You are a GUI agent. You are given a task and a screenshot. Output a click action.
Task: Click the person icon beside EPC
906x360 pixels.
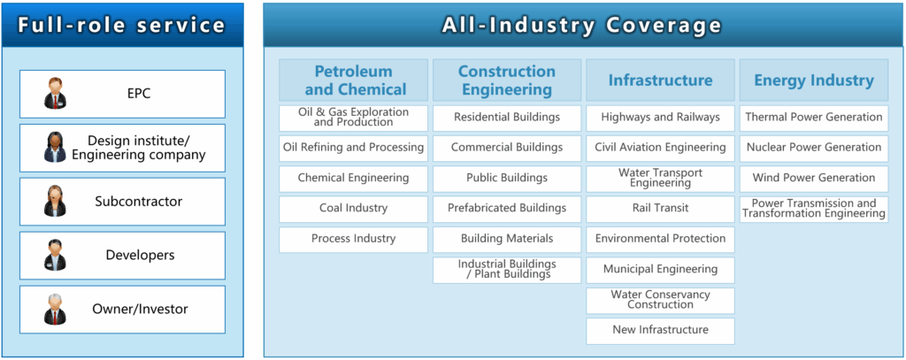click(55, 94)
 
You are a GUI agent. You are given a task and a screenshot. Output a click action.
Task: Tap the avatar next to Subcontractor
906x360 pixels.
click(55, 201)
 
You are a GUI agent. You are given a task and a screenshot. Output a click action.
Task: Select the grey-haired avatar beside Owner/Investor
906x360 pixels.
click(55, 310)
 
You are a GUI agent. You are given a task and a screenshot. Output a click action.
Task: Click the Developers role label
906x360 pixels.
click(140, 255)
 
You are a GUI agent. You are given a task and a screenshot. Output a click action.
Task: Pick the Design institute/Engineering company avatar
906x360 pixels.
click(55, 148)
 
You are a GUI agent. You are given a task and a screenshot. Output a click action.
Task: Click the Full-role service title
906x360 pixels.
click(121, 25)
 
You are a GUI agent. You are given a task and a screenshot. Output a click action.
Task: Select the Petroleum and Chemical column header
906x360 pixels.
click(354, 80)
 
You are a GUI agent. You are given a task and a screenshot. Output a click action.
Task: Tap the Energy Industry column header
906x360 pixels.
click(814, 80)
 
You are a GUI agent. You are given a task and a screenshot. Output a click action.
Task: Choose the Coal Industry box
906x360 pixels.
click(354, 209)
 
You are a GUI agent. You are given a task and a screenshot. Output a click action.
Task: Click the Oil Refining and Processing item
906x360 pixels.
click(354, 148)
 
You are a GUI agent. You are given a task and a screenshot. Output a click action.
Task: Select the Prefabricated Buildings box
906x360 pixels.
click(507, 209)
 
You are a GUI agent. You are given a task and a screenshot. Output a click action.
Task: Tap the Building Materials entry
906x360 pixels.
click(507, 239)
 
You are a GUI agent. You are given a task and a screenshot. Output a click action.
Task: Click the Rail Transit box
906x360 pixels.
click(660, 209)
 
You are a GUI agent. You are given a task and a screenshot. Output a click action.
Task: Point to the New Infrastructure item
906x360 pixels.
click(660, 331)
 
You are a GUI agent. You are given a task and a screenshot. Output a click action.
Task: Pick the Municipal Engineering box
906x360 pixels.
click(660, 270)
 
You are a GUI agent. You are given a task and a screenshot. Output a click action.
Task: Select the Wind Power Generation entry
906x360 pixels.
click(814, 178)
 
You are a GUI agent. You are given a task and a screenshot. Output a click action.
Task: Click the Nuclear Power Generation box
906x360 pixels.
click(814, 148)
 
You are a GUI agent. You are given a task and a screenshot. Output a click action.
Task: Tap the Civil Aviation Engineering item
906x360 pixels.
click(660, 148)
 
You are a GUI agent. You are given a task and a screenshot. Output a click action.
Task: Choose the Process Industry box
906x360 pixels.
click(354, 239)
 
